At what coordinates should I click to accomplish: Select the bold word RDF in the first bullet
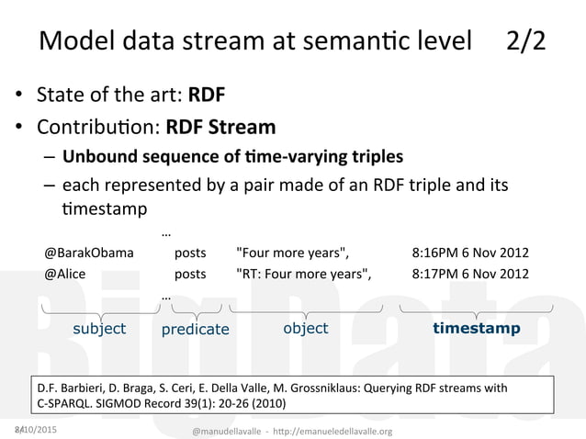pyautogui.click(x=207, y=95)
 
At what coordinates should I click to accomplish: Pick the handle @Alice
pyautogui.click(x=67, y=274)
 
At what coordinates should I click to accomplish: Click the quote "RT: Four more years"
pyautogui.click(x=305, y=274)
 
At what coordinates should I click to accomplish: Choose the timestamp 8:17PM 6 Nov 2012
pyautogui.click(x=470, y=274)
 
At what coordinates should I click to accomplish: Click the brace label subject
pyautogui.click(x=99, y=329)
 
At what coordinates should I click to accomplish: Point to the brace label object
pyautogui.click(x=305, y=328)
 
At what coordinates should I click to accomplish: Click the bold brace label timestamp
pyautogui.click(x=476, y=328)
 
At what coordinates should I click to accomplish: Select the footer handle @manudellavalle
pyautogui.click(x=234, y=431)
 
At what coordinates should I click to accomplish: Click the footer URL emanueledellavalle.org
pyautogui.click(x=339, y=431)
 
